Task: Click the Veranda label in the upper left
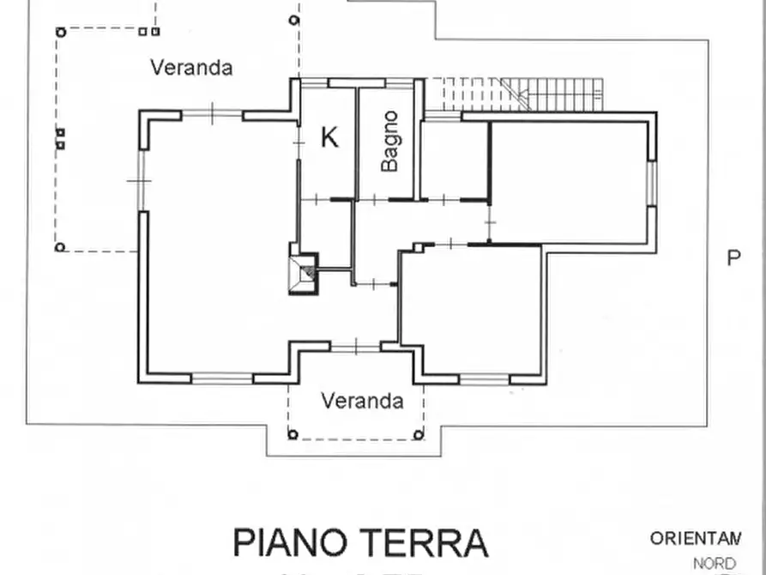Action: tap(191, 67)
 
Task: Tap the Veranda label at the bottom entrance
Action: tap(362, 400)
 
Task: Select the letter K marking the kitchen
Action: tap(329, 137)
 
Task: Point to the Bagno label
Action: tap(390, 141)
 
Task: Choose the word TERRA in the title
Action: tap(433, 542)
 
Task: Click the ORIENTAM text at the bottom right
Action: tap(695, 539)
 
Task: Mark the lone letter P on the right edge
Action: tap(733, 257)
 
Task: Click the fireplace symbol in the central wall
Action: tap(302, 273)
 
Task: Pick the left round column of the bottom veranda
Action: tap(293, 434)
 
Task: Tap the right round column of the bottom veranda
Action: tap(419, 434)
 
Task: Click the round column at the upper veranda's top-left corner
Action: tap(60, 33)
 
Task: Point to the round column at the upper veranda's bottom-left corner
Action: tap(60, 247)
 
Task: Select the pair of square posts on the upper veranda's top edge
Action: tap(148, 32)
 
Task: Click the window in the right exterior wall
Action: tap(651, 183)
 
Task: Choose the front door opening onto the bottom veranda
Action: tap(355, 347)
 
